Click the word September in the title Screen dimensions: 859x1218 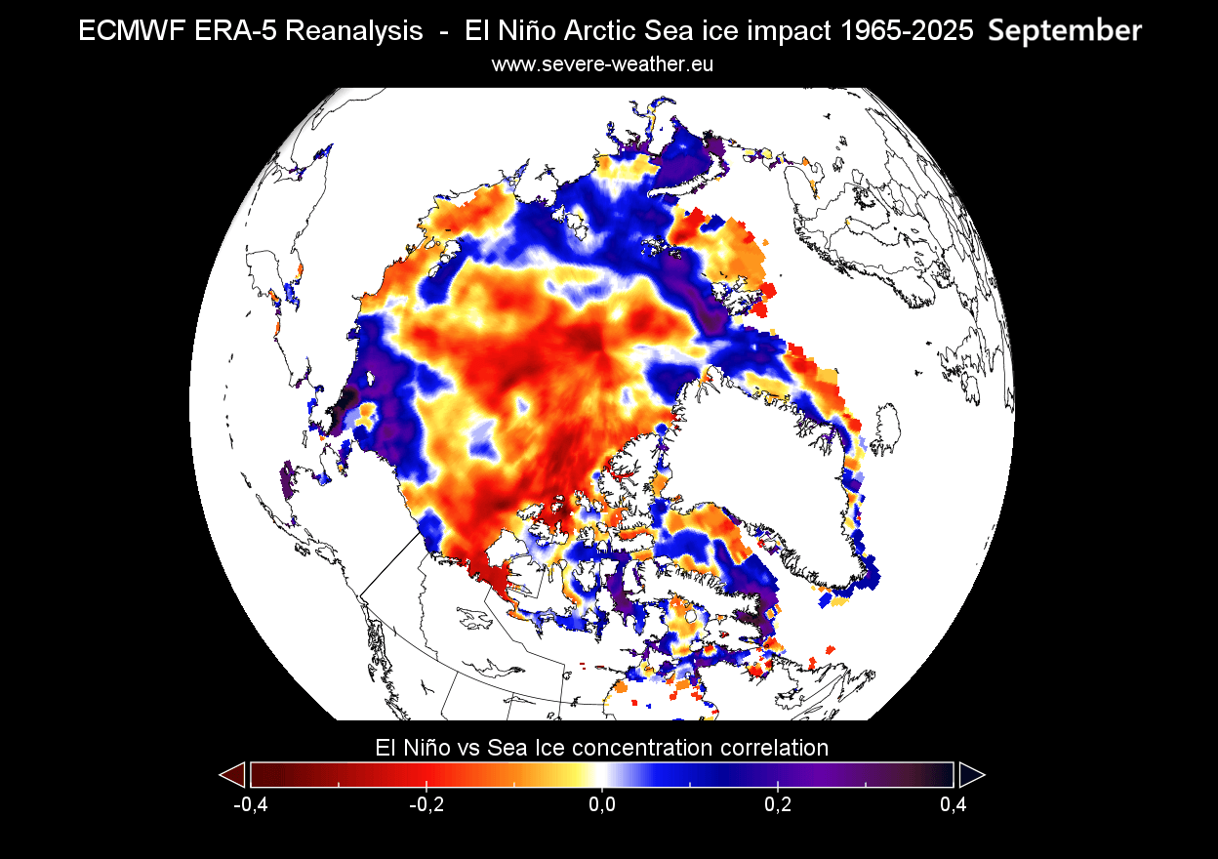click(x=1064, y=31)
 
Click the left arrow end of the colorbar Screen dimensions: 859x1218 click(x=232, y=775)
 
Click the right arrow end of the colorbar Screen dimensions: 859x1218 click(x=971, y=775)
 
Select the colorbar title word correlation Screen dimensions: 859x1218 click(x=772, y=748)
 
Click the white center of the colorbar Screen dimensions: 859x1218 click(x=601, y=775)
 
